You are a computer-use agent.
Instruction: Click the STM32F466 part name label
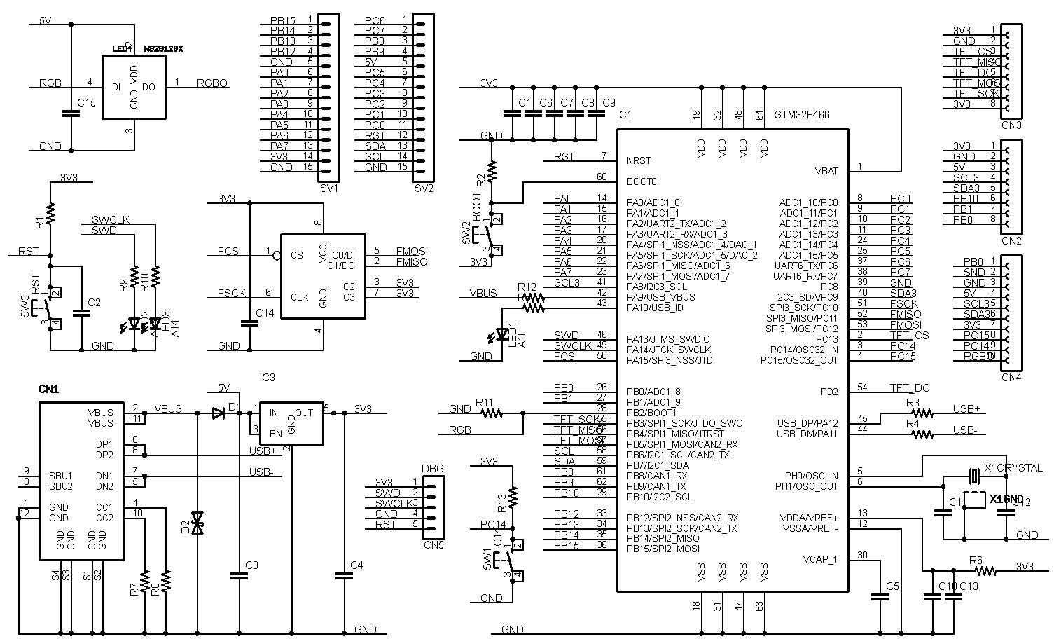[x=802, y=114]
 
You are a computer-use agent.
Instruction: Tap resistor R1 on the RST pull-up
[x=50, y=211]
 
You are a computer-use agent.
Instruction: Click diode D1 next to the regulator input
[x=218, y=413]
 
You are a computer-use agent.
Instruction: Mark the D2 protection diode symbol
[x=197, y=522]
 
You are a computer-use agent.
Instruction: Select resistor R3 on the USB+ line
[x=922, y=413]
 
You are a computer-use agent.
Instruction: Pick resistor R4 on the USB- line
[x=922, y=434]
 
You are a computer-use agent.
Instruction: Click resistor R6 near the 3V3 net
[x=985, y=571]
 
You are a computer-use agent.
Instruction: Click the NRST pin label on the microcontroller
[x=639, y=160]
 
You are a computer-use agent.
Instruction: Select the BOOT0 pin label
[x=642, y=181]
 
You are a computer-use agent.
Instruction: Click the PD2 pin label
[x=829, y=392]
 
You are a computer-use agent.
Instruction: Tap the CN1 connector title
[x=48, y=388]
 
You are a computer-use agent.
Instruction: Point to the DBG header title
[x=432, y=469]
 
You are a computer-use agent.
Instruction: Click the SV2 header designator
[x=424, y=188]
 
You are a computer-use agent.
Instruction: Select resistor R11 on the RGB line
[x=492, y=413]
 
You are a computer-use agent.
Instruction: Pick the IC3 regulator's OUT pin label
[x=304, y=413]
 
